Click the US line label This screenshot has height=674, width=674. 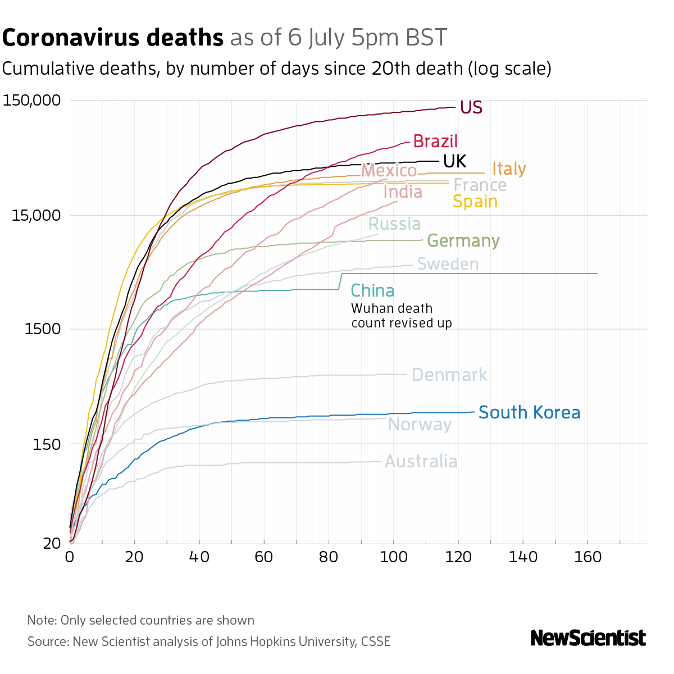coord(471,107)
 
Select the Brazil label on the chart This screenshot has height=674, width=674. coord(435,141)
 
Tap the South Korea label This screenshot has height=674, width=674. coord(529,413)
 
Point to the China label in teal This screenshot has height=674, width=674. coord(372,291)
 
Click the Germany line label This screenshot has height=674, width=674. coord(463,241)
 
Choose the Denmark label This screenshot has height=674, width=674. coord(449,375)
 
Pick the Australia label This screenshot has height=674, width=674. coord(421,462)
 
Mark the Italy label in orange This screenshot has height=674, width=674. coord(509,169)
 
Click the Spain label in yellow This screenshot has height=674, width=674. coord(475,201)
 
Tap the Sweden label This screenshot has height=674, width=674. coord(448,264)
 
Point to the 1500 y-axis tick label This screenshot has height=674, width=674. coord(43,329)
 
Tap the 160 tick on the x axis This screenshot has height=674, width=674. coord(588,557)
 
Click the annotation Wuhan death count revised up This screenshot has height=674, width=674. coord(401,316)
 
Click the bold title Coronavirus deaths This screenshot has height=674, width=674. coord(113,38)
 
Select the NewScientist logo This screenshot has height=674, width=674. coord(588,638)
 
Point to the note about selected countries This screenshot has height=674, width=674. coord(141,621)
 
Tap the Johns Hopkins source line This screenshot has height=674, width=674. coord(209,641)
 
